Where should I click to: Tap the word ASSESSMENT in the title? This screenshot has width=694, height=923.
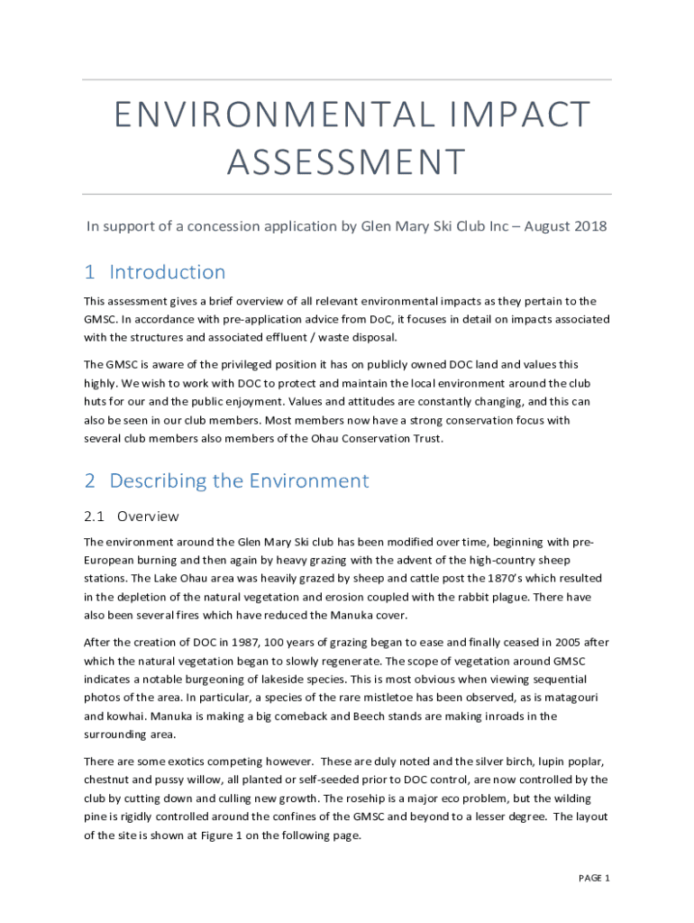[x=347, y=163]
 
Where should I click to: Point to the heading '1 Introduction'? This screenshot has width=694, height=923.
[x=155, y=272]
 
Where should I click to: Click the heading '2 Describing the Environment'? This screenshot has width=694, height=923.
[x=226, y=480]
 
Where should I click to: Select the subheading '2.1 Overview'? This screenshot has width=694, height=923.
[x=132, y=516]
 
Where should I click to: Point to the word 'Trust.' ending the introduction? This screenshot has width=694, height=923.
[x=426, y=439]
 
